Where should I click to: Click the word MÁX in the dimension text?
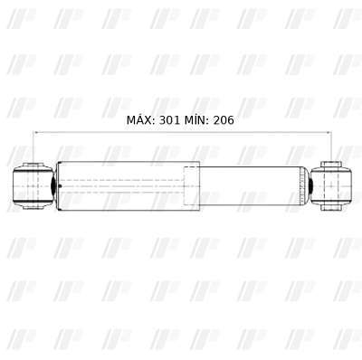point(140,120)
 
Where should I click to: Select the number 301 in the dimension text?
point(169,120)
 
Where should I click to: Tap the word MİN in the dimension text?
point(196,120)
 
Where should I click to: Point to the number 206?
point(224,120)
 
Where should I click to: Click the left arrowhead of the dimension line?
point(35,132)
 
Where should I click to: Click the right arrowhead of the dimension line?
point(329,132)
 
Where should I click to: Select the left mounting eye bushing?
point(33,186)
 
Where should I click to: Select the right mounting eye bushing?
point(331,186)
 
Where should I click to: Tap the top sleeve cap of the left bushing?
point(33,166)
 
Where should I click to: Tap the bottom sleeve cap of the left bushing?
point(33,205)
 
